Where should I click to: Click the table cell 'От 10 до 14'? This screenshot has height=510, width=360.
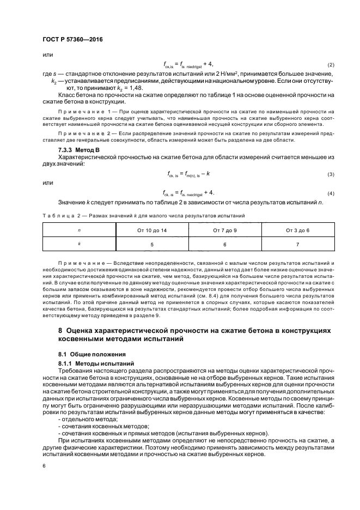point(144,231)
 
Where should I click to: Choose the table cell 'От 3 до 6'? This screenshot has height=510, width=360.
point(297,231)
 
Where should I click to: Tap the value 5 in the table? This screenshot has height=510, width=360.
point(144,245)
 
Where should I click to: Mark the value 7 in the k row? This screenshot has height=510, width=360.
point(297,245)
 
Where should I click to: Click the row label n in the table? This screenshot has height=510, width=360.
point(80,231)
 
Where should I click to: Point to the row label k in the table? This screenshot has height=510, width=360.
point(80,245)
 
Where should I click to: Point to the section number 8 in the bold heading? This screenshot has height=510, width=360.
point(60,331)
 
